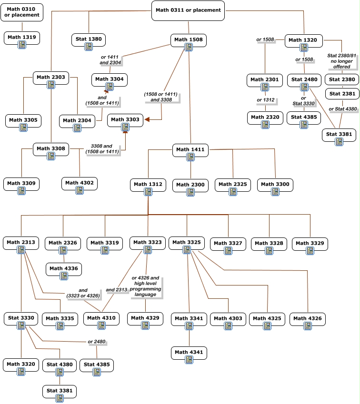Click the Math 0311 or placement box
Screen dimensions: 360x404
pos(188,10)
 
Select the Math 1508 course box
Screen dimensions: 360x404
pos(189,40)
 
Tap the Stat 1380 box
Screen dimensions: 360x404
pos(89,39)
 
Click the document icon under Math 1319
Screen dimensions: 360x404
pos(22,45)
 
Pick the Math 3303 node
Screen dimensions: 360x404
pos(125,120)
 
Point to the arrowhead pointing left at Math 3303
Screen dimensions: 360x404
pos(147,119)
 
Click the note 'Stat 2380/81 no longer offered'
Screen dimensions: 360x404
pos(342,61)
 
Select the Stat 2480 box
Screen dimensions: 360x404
pos(304,80)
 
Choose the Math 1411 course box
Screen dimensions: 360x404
pos(190,150)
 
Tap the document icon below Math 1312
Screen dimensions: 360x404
pos(148,192)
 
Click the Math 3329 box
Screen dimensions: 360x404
pos(310,244)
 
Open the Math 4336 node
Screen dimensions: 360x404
pos(64,269)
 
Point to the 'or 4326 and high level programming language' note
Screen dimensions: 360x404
pos(145,286)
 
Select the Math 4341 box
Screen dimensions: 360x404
pos(189,353)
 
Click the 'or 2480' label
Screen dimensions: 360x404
pos(97,342)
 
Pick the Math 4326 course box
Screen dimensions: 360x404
pos(308,319)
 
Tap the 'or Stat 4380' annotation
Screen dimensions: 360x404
pos(343,108)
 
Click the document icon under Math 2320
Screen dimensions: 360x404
pos(265,125)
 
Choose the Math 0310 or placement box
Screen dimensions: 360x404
pos(22,12)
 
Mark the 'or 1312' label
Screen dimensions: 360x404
pos(266,100)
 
